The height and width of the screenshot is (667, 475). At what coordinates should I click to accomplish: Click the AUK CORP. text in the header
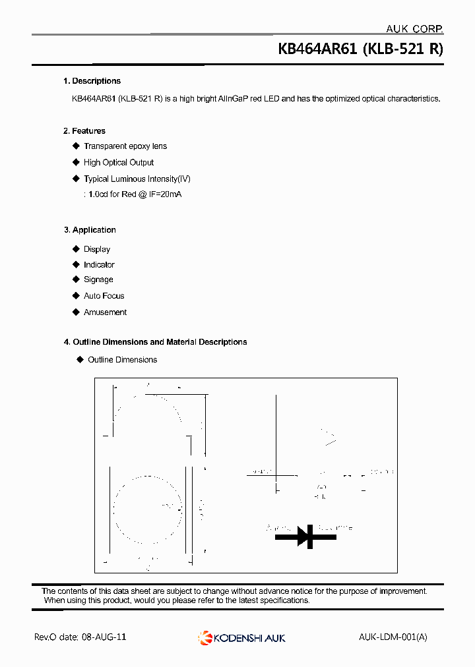coord(414,28)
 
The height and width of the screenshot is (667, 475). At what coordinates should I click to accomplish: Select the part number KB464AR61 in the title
coord(317,49)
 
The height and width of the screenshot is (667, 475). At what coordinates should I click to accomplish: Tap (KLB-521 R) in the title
coord(402,49)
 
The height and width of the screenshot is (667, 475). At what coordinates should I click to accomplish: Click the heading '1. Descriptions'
coord(92,81)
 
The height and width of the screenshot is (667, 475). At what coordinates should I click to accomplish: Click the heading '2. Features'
coord(84,131)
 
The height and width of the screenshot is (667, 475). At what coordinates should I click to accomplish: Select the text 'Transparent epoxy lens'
coord(125,146)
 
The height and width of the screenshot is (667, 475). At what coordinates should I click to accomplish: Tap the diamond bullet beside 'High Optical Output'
coord(76,162)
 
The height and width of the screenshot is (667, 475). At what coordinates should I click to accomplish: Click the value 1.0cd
coord(98,195)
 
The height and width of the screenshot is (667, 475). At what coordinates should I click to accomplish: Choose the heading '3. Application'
coord(90,230)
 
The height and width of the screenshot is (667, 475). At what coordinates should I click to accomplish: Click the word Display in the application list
coord(97,249)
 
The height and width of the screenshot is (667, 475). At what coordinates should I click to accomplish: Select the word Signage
coord(98,279)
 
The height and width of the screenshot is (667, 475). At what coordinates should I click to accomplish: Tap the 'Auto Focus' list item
coord(104,296)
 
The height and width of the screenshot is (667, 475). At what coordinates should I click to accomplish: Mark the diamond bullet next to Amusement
coord(76,312)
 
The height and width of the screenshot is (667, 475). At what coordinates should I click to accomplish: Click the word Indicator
coord(99,264)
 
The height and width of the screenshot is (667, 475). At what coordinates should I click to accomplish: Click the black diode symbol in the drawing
coord(305,536)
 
